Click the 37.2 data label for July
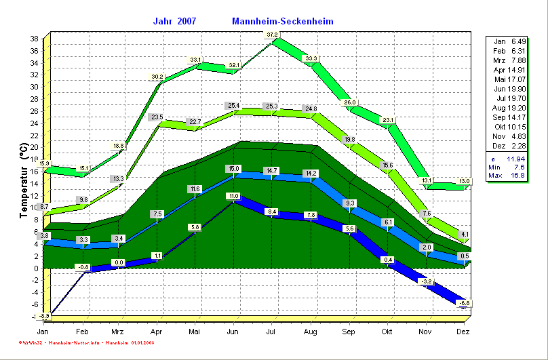(272, 35)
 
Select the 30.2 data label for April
(157, 77)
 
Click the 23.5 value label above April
(157, 117)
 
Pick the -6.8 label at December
(464, 302)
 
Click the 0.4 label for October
(388, 259)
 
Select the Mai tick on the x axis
(195, 331)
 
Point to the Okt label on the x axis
(387, 331)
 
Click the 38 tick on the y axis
(33, 39)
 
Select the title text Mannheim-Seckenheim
(283, 21)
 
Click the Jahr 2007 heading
(176, 21)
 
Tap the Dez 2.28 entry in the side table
(509, 145)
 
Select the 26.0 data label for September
(350, 102)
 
